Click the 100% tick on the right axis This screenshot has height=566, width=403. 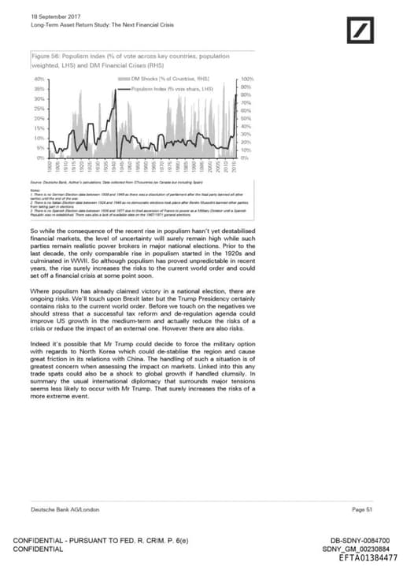click(x=247, y=80)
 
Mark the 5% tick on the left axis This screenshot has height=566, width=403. click(x=40, y=148)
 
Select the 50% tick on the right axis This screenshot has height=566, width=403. click(x=246, y=118)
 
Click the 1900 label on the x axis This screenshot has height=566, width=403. click(x=50, y=168)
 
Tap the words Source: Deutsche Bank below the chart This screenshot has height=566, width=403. click(x=52, y=182)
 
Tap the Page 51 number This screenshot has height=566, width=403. click(x=362, y=510)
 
